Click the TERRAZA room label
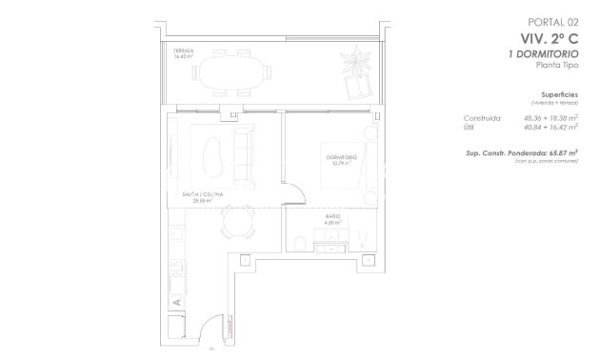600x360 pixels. click(x=184, y=52)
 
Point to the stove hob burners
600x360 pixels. click(x=175, y=269)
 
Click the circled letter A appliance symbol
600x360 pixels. click(x=176, y=302)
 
